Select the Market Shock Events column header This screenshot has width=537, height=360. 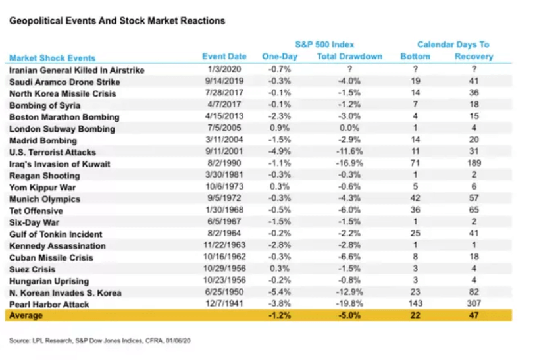point(52,58)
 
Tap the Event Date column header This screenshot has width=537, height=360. point(224,57)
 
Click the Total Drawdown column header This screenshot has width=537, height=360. point(349,57)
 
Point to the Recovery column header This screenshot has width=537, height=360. point(473,57)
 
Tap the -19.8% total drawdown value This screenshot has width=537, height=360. point(349,304)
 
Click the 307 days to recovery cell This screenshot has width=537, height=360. point(473,304)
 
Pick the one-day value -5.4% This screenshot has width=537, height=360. point(280,293)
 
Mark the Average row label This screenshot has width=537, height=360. point(26,316)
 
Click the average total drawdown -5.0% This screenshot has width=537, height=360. point(349,316)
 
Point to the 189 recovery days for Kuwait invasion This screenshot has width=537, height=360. point(473,164)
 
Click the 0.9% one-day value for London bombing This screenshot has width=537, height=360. point(280,128)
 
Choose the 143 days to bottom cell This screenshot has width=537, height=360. point(415,304)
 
